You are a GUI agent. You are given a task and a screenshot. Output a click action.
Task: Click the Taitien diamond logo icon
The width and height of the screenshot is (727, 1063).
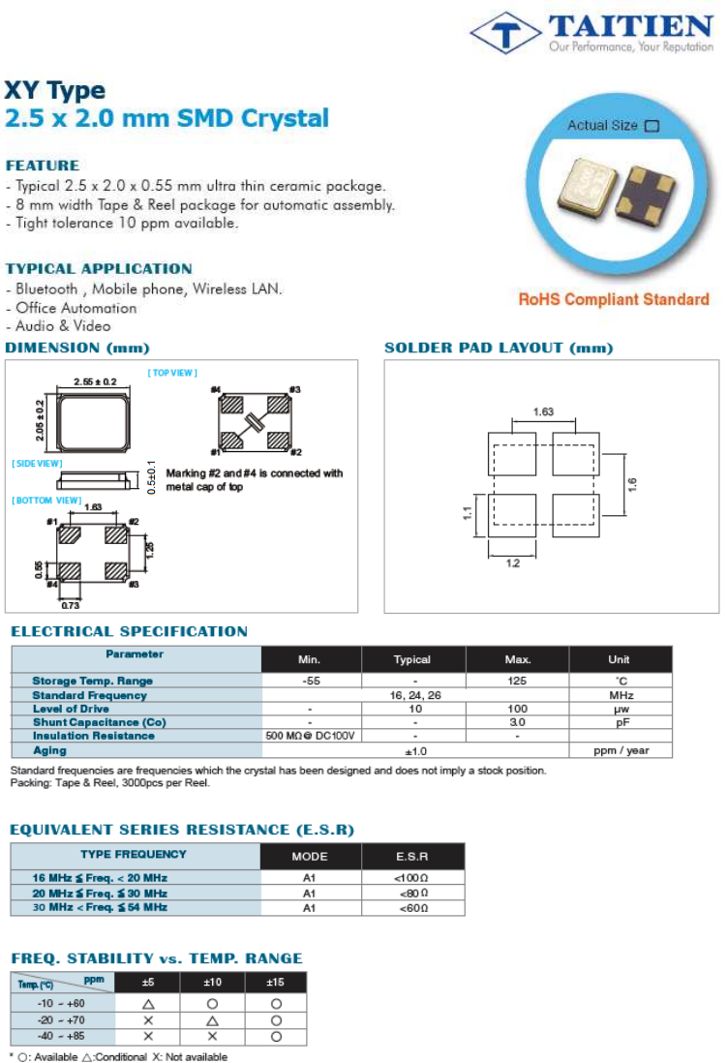tap(505, 34)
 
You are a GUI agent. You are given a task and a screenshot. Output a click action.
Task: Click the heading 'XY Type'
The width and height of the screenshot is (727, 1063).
tap(55, 91)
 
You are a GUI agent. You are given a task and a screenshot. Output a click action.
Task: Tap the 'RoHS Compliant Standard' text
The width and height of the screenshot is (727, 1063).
tap(614, 299)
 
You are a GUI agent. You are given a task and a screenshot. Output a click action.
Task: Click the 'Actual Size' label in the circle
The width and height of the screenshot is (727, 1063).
tap(602, 126)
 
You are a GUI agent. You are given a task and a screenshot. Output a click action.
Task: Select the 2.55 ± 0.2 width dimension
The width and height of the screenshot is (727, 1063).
tap(95, 382)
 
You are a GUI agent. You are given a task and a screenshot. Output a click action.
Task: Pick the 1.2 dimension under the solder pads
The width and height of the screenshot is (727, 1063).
tap(513, 561)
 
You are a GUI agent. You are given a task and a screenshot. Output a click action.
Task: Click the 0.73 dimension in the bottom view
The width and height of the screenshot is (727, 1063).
tap(71, 605)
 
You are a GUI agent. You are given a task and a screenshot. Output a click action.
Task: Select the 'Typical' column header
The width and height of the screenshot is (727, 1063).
tap(412, 660)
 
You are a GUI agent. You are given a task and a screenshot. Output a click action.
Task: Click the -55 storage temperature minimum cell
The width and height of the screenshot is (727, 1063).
tap(312, 682)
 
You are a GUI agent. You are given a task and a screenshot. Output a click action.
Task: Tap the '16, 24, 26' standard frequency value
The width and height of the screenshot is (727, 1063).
tap(414, 695)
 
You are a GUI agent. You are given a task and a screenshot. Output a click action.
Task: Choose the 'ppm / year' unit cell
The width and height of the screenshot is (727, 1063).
tap(620, 750)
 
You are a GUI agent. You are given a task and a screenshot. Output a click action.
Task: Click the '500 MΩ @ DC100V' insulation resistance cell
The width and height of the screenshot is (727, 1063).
tap(311, 737)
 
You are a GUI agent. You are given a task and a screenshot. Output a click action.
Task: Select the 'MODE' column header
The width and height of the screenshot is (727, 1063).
tap(310, 857)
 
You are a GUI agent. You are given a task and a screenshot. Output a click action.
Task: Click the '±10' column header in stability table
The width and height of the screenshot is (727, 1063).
tap(212, 983)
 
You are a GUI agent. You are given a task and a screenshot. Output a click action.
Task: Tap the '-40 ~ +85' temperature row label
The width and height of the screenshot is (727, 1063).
tap(61, 1037)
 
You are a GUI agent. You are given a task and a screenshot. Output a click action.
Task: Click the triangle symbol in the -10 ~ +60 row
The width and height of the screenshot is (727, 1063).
tap(148, 1004)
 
